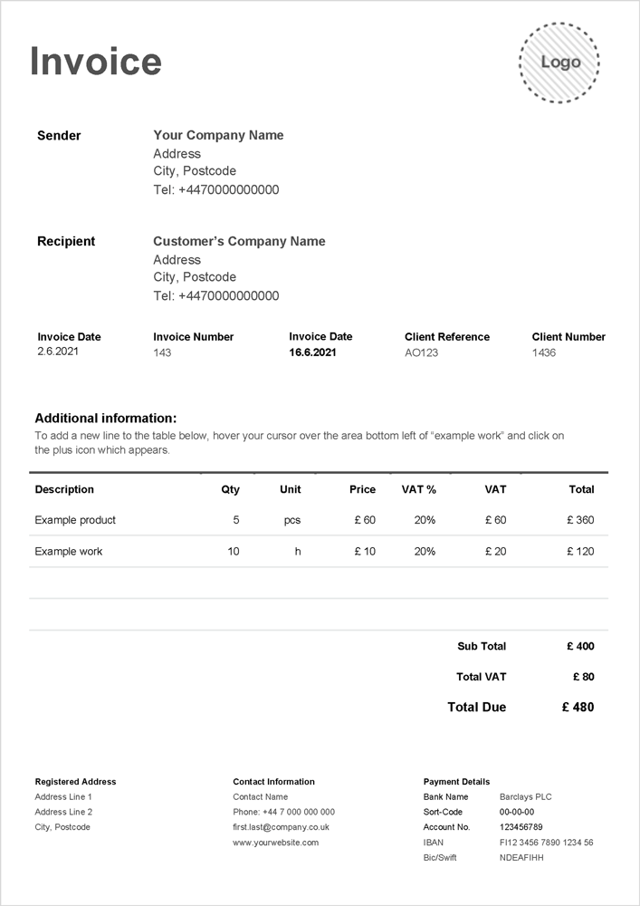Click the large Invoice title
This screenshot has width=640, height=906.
pyautogui.click(x=96, y=62)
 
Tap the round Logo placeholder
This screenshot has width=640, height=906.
pyautogui.click(x=560, y=63)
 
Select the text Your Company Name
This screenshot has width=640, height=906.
pyautogui.click(x=218, y=135)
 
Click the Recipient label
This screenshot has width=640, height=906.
pyautogui.click(x=66, y=241)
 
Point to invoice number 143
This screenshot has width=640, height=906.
pyautogui.click(x=162, y=352)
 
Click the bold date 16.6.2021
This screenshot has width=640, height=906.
pyautogui.click(x=312, y=352)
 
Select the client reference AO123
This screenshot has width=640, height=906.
pyautogui.click(x=421, y=352)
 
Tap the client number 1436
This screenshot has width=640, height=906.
pyautogui.click(x=544, y=352)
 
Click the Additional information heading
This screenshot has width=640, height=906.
pyautogui.click(x=106, y=419)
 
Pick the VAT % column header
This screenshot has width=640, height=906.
pyautogui.click(x=418, y=489)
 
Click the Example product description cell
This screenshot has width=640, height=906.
pyautogui.click(x=75, y=520)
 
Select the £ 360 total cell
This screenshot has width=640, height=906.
pyautogui.click(x=580, y=520)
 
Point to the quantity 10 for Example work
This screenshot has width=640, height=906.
pyautogui.click(x=234, y=551)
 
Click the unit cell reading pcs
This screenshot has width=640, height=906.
pyautogui.click(x=291, y=520)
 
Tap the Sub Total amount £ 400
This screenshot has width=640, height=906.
pyautogui.click(x=580, y=646)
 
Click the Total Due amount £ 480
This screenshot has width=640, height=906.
pyautogui.click(x=578, y=707)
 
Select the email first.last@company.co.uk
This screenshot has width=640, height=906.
pyautogui.click(x=281, y=827)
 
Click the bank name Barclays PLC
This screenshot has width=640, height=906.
pyautogui.click(x=525, y=796)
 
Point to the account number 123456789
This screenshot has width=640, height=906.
pyautogui.click(x=521, y=827)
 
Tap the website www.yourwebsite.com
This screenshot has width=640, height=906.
pyautogui.click(x=275, y=843)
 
